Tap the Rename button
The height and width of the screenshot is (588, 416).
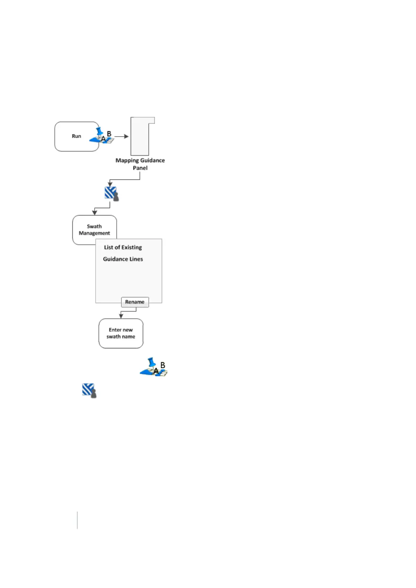coord(135,302)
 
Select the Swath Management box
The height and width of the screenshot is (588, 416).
coord(94,229)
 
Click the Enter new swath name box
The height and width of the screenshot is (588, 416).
coord(121,333)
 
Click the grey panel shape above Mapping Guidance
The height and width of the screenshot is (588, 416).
coord(140,137)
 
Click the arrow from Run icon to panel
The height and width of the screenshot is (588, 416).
coord(122,136)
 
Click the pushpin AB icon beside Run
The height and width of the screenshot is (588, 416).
coord(102,136)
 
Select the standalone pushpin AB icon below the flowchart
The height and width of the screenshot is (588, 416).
coord(154,367)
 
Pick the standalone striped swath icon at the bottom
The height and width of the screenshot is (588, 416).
coord(89,391)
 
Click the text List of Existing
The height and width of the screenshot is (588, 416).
coord(123,247)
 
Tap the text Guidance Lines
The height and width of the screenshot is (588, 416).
coord(123,259)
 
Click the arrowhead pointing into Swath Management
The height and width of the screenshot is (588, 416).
coord(94,213)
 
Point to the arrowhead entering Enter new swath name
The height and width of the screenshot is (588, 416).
coord(121,316)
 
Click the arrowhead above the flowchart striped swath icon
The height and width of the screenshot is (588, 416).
coord(110,184)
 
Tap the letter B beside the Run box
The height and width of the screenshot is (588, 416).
coord(109,134)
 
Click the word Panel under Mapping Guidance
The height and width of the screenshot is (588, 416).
coord(140,168)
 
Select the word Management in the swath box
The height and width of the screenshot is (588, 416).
coord(94,233)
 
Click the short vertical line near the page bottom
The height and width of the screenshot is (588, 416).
coord(77,520)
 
